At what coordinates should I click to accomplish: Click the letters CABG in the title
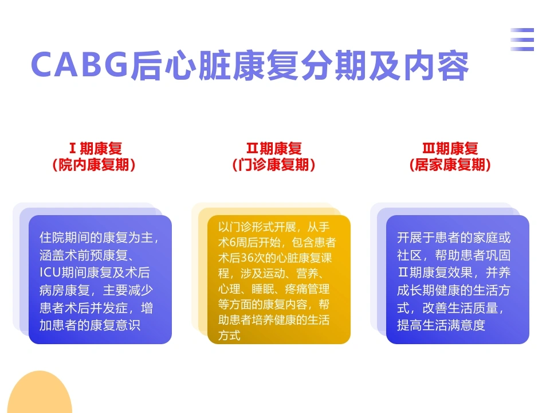(79, 64)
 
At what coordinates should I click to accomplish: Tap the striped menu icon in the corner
(522, 40)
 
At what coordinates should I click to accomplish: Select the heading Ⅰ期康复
(96, 148)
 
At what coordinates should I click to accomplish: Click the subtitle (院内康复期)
(93, 165)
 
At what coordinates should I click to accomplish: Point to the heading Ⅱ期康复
(274, 148)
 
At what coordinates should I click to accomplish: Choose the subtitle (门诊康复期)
(274, 165)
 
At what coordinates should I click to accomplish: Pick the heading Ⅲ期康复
(450, 148)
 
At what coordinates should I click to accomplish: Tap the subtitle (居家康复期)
(450, 165)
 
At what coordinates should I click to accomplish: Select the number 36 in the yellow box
(246, 258)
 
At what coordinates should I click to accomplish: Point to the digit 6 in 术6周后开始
(233, 242)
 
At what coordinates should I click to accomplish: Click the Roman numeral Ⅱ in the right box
(403, 272)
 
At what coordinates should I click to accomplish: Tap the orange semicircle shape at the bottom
(40, 392)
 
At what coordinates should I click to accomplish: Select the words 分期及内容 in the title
(384, 65)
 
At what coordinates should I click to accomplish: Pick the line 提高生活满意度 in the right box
(441, 325)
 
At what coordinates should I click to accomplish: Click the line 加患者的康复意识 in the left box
(90, 325)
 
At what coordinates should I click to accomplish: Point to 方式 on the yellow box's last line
(229, 336)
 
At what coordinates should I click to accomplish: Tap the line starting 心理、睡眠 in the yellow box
(274, 289)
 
